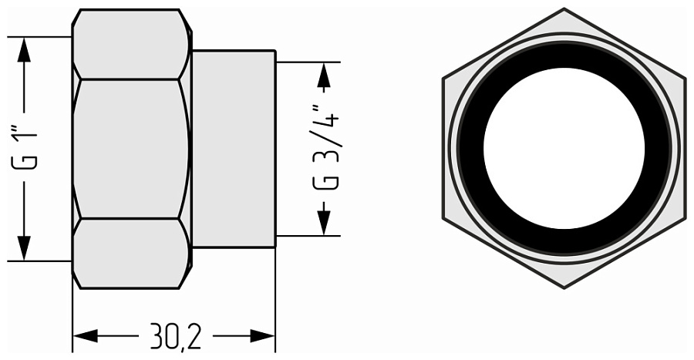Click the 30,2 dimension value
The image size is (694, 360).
pyautogui.click(x=173, y=336)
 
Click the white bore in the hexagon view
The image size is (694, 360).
pyautogui.click(x=564, y=148)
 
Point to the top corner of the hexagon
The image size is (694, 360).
pyautogui.click(x=564, y=10)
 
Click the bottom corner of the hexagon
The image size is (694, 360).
pyautogui.click(x=564, y=287)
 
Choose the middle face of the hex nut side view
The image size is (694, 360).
pyautogui.click(x=131, y=148)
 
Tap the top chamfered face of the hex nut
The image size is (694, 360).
pyautogui.click(x=131, y=44)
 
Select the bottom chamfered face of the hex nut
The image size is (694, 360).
pyautogui.click(x=131, y=253)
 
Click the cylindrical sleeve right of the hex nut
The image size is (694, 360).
pyautogui.click(x=234, y=148)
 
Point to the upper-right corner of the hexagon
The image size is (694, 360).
pyautogui.click(x=684, y=79)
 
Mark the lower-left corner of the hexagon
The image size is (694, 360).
pyautogui.click(x=444, y=218)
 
